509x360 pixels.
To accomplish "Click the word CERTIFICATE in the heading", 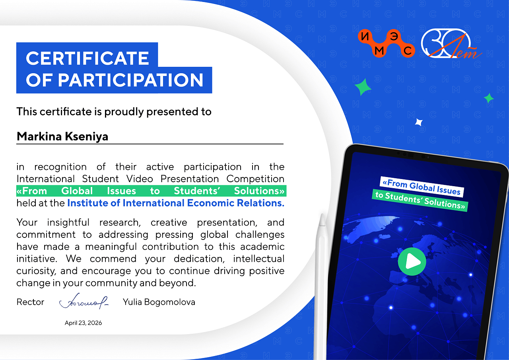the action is tap(87, 58).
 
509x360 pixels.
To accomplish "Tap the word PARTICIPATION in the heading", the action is tap(130, 80).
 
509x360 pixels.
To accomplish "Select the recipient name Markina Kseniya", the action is tap(62, 136).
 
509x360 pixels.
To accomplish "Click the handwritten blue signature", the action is tap(84, 301).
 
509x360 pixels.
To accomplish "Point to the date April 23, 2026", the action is tap(83, 323).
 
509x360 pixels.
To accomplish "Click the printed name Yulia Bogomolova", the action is tap(159, 302).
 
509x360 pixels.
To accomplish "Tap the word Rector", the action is tap(31, 302).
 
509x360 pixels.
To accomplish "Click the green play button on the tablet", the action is tap(412, 261).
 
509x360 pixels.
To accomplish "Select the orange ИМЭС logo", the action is tap(386, 43).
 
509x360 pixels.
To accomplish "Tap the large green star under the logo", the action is tap(363, 87).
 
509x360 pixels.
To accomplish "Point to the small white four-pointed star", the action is tap(419, 122).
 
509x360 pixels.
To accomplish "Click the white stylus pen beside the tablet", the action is tap(321, 286).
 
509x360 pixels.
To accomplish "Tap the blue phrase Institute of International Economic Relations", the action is tap(176, 203).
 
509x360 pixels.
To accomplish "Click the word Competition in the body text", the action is tap(255, 179).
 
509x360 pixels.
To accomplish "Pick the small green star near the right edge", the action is tap(489, 98).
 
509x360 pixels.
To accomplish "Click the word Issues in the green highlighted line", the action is tap(122, 191).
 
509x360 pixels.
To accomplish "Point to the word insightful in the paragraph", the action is tap(68, 222).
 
